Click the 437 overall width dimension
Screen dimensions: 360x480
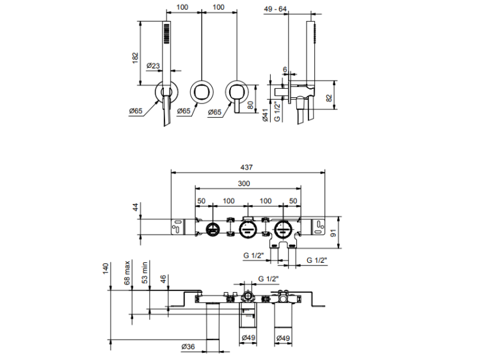[x=246, y=167]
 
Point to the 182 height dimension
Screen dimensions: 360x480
[x=134, y=57]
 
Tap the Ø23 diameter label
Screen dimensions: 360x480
[x=154, y=65]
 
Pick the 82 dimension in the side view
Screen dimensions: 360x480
[x=329, y=97]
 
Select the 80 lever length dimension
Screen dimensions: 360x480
[x=250, y=104]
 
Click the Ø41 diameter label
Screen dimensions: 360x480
[x=265, y=115]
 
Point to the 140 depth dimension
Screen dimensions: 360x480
[x=106, y=268]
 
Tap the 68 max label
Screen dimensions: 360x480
[x=127, y=271]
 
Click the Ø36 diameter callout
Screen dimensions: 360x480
[x=188, y=346]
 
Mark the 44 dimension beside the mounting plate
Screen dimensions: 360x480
[x=135, y=207]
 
